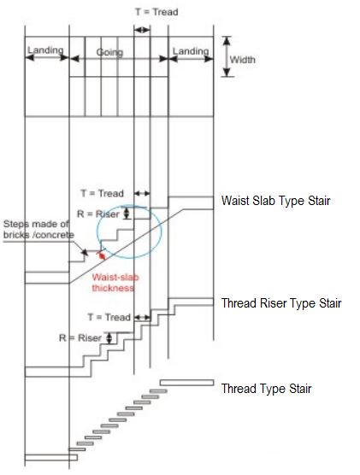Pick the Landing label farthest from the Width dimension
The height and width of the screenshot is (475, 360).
[x=45, y=50]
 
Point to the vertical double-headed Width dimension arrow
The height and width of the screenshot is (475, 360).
[x=227, y=57]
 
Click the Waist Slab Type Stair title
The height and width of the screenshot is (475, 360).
[x=275, y=201]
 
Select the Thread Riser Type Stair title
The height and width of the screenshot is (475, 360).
[x=281, y=303]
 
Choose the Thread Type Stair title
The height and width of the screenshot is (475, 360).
[x=266, y=389]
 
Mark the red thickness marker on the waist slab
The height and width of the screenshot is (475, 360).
[x=102, y=255]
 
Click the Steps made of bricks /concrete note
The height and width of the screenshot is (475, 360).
[x=38, y=229]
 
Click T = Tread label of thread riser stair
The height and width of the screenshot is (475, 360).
[x=109, y=317]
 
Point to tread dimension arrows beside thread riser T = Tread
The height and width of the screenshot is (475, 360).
[x=143, y=318]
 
